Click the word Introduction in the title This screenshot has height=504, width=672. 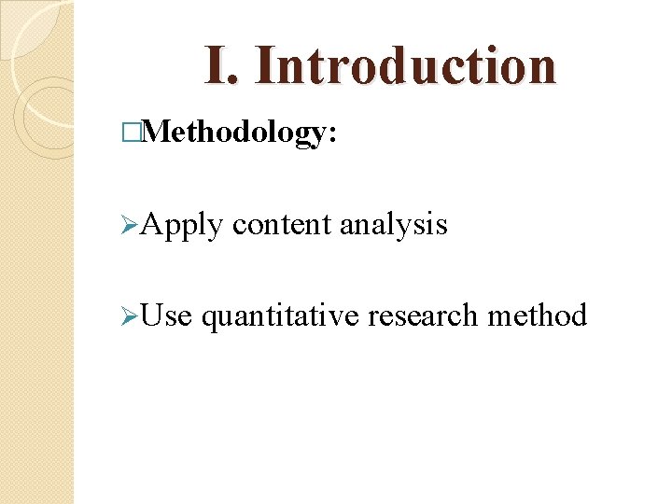pyautogui.click(x=405, y=65)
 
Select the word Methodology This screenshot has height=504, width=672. pyautogui.click(x=232, y=133)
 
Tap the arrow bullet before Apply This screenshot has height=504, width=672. pyautogui.click(x=130, y=225)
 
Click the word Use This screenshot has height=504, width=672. pyautogui.click(x=167, y=316)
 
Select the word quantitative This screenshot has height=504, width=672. pyautogui.click(x=280, y=316)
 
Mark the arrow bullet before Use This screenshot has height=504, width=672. pyautogui.click(x=130, y=316)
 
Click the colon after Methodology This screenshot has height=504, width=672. pyautogui.click(x=329, y=135)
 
